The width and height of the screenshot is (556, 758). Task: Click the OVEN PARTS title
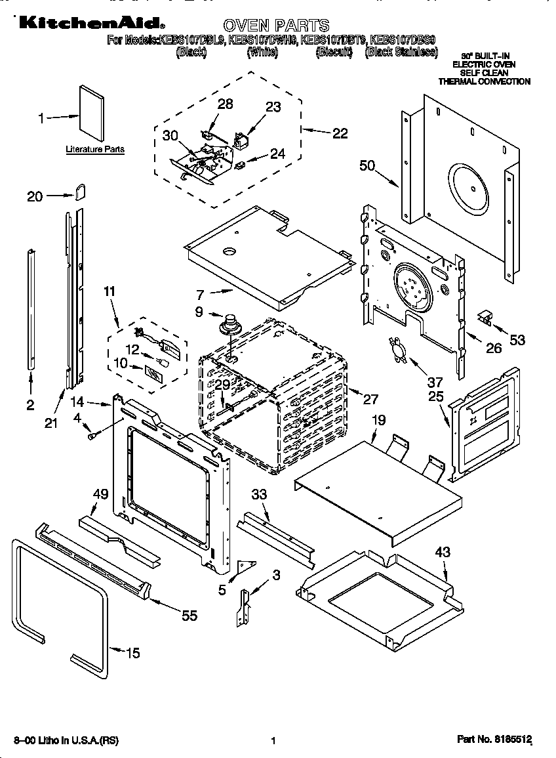(x=276, y=26)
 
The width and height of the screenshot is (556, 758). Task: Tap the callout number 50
(x=367, y=165)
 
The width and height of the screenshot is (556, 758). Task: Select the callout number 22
(x=339, y=133)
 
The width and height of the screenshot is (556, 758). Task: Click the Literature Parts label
(x=95, y=150)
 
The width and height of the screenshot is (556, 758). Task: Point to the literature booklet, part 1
(x=91, y=113)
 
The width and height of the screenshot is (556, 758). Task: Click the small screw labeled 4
(x=92, y=432)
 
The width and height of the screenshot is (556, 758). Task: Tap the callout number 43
(x=443, y=553)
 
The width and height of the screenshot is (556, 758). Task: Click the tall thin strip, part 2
(x=31, y=308)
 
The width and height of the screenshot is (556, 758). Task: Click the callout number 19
(x=378, y=419)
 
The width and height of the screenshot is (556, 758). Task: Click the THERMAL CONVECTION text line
(x=484, y=81)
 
